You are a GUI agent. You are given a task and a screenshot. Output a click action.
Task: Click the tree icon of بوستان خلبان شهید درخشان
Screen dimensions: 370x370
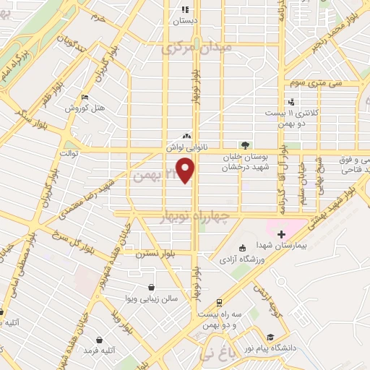245,144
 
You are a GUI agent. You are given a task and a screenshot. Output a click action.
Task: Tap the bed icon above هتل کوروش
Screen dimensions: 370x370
85,98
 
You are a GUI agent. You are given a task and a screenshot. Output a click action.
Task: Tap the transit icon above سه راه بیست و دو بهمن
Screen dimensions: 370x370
218,303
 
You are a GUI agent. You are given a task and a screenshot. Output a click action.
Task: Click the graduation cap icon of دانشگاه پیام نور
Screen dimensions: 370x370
270,337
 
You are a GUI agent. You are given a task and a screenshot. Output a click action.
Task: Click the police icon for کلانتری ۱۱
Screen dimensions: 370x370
291,102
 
